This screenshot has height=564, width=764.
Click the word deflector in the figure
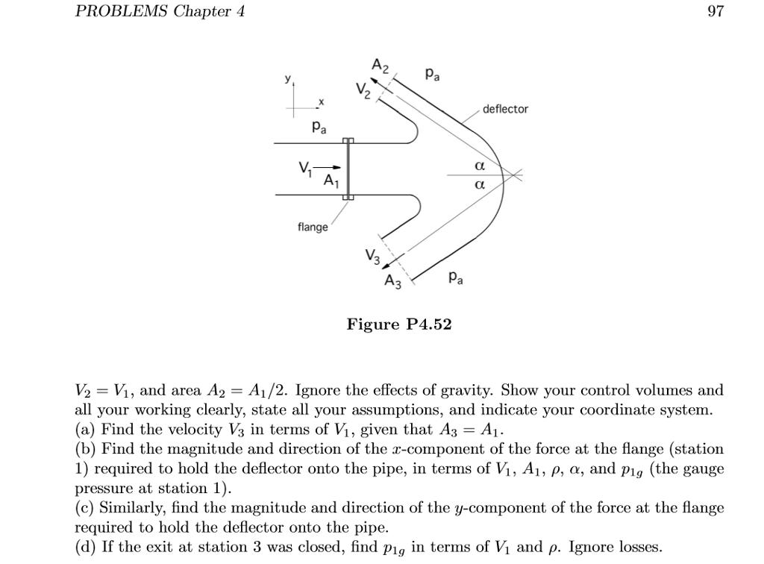coord(505,109)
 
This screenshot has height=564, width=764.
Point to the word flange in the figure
coord(312,228)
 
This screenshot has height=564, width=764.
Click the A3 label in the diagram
coord(392,281)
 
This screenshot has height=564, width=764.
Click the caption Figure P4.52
coord(399,325)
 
